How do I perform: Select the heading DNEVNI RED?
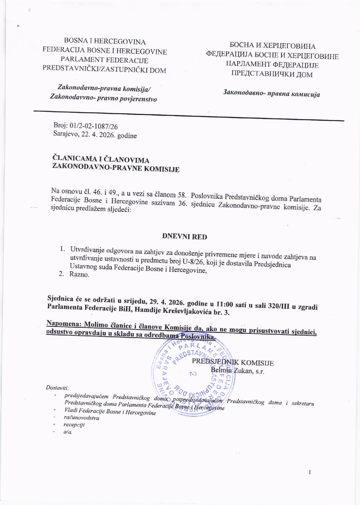click(x=184, y=236)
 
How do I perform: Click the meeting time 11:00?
click(x=229, y=305)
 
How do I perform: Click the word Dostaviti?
click(x=57, y=388)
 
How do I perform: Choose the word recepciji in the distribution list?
click(x=74, y=424)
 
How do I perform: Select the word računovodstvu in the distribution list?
click(x=82, y=417)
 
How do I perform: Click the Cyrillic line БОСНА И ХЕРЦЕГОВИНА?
click(x=272, y=46)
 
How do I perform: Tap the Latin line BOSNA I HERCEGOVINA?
click(x=105, y=42)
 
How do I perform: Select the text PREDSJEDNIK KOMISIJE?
click(x=233, y=363)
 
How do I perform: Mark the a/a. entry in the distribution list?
click(x=68, y=432)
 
